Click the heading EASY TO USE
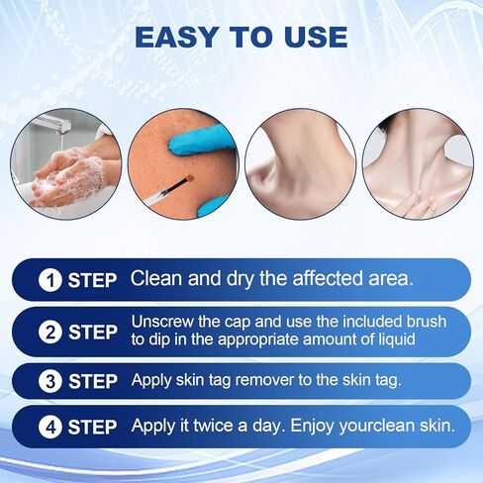pyautogui.click(x=241, y=38)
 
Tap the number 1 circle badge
pyautogui.click(x=48, y=280)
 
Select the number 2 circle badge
pyautogui.click(x=48, y=333)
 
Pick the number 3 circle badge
pyautogui.click(x=48, y=381)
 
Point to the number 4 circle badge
pyautogui.click(x=48, y=429)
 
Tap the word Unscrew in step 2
pyautogui.click(x=161, y=323)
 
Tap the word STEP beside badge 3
pyautogui.click(x=92, y=381)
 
